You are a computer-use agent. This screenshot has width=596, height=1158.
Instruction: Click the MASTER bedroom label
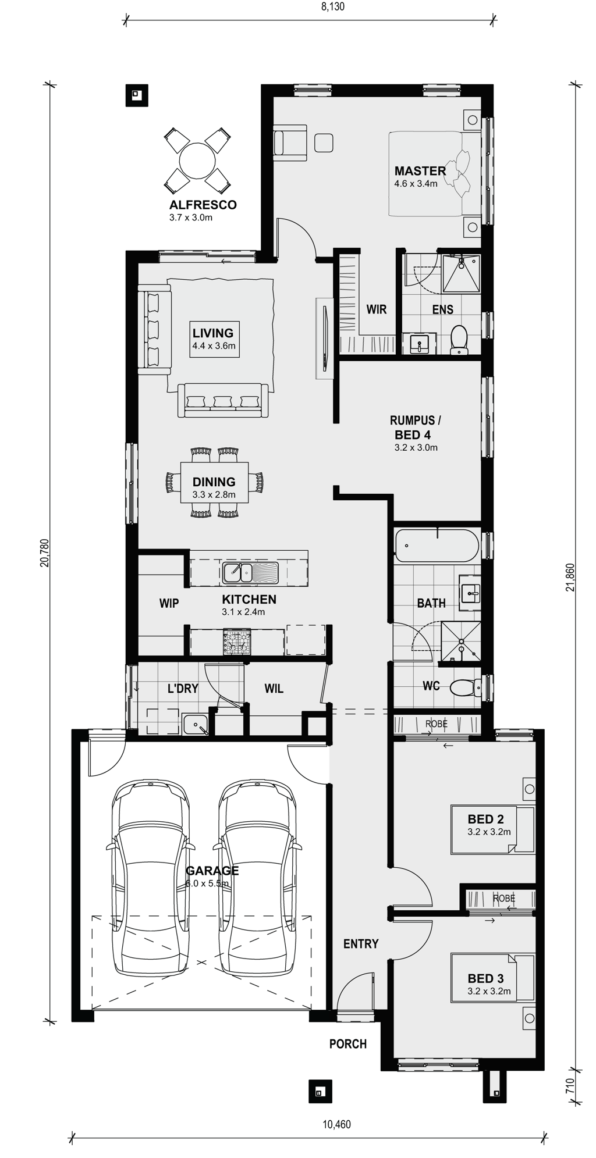[x=420, y=171]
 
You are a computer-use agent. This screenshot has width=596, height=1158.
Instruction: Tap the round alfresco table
[x=196, y=161]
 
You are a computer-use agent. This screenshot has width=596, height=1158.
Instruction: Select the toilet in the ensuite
[x=460, y=339]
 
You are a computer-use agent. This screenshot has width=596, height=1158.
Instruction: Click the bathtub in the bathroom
[x=437, y=546]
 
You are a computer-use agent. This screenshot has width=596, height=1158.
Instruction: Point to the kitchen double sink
[x=250, y=573]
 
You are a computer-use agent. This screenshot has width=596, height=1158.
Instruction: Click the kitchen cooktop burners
[x=236, y=642]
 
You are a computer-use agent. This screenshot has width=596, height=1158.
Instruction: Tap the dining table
[x=214, y=482]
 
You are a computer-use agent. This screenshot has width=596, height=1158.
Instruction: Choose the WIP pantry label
[x=169, y=604]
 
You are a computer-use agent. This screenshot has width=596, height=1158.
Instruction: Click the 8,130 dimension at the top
[x=334, y=7]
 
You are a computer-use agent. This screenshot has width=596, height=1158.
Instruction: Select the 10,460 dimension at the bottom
[x=336, y=1124]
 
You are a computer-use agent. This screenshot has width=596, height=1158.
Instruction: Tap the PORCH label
[x=348, y=1044]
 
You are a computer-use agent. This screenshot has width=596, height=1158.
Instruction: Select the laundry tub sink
[x=197, y=725]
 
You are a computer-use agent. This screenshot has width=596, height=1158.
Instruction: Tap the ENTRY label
[x=361, y=944]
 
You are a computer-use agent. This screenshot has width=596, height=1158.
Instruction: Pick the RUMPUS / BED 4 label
[x=413, y=427]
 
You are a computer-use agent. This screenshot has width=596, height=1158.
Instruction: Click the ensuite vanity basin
[x=419, y=344]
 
